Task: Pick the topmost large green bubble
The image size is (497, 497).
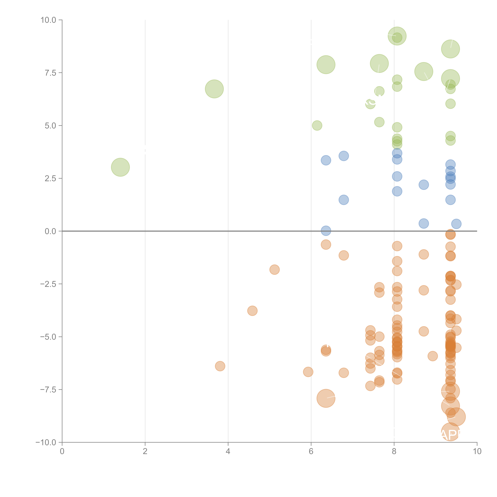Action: point(397,36)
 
